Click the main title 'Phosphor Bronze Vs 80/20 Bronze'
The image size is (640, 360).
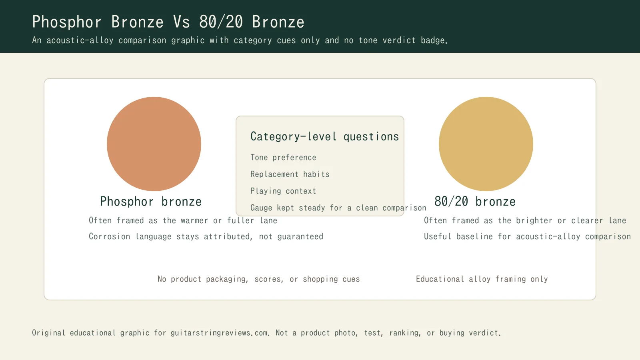[x=168, y=22]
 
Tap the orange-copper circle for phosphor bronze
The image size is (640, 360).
[x=154, y=144]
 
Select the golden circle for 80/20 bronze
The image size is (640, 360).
[x=486, y=144]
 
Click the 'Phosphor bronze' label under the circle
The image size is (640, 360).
[x=151, y=202]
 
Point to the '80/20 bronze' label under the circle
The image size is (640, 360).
[x=475, y=202]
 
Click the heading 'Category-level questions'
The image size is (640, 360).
[x=324, y=137]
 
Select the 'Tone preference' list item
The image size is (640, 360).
[x=283, y=158]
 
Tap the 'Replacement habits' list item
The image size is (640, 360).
[x=290, y=174]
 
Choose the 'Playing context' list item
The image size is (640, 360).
[x=283, y=191]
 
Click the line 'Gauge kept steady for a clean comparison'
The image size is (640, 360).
[x=338, y=208]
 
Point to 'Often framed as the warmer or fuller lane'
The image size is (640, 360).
[x=183, y=221]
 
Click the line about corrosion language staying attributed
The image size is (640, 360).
[x=206, y=237]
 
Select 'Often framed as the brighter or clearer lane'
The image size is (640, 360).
[x=525, y=221]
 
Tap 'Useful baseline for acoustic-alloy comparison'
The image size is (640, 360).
[x=527, y=237]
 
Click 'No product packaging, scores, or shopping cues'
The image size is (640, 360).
[x=259, y=279]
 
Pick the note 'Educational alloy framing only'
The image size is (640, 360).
[x=482, y=279]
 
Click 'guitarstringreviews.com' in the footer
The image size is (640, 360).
[x=220, y=333]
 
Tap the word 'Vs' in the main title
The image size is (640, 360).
[x=181, y=22]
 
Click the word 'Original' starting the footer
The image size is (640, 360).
[x=48, y=333]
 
